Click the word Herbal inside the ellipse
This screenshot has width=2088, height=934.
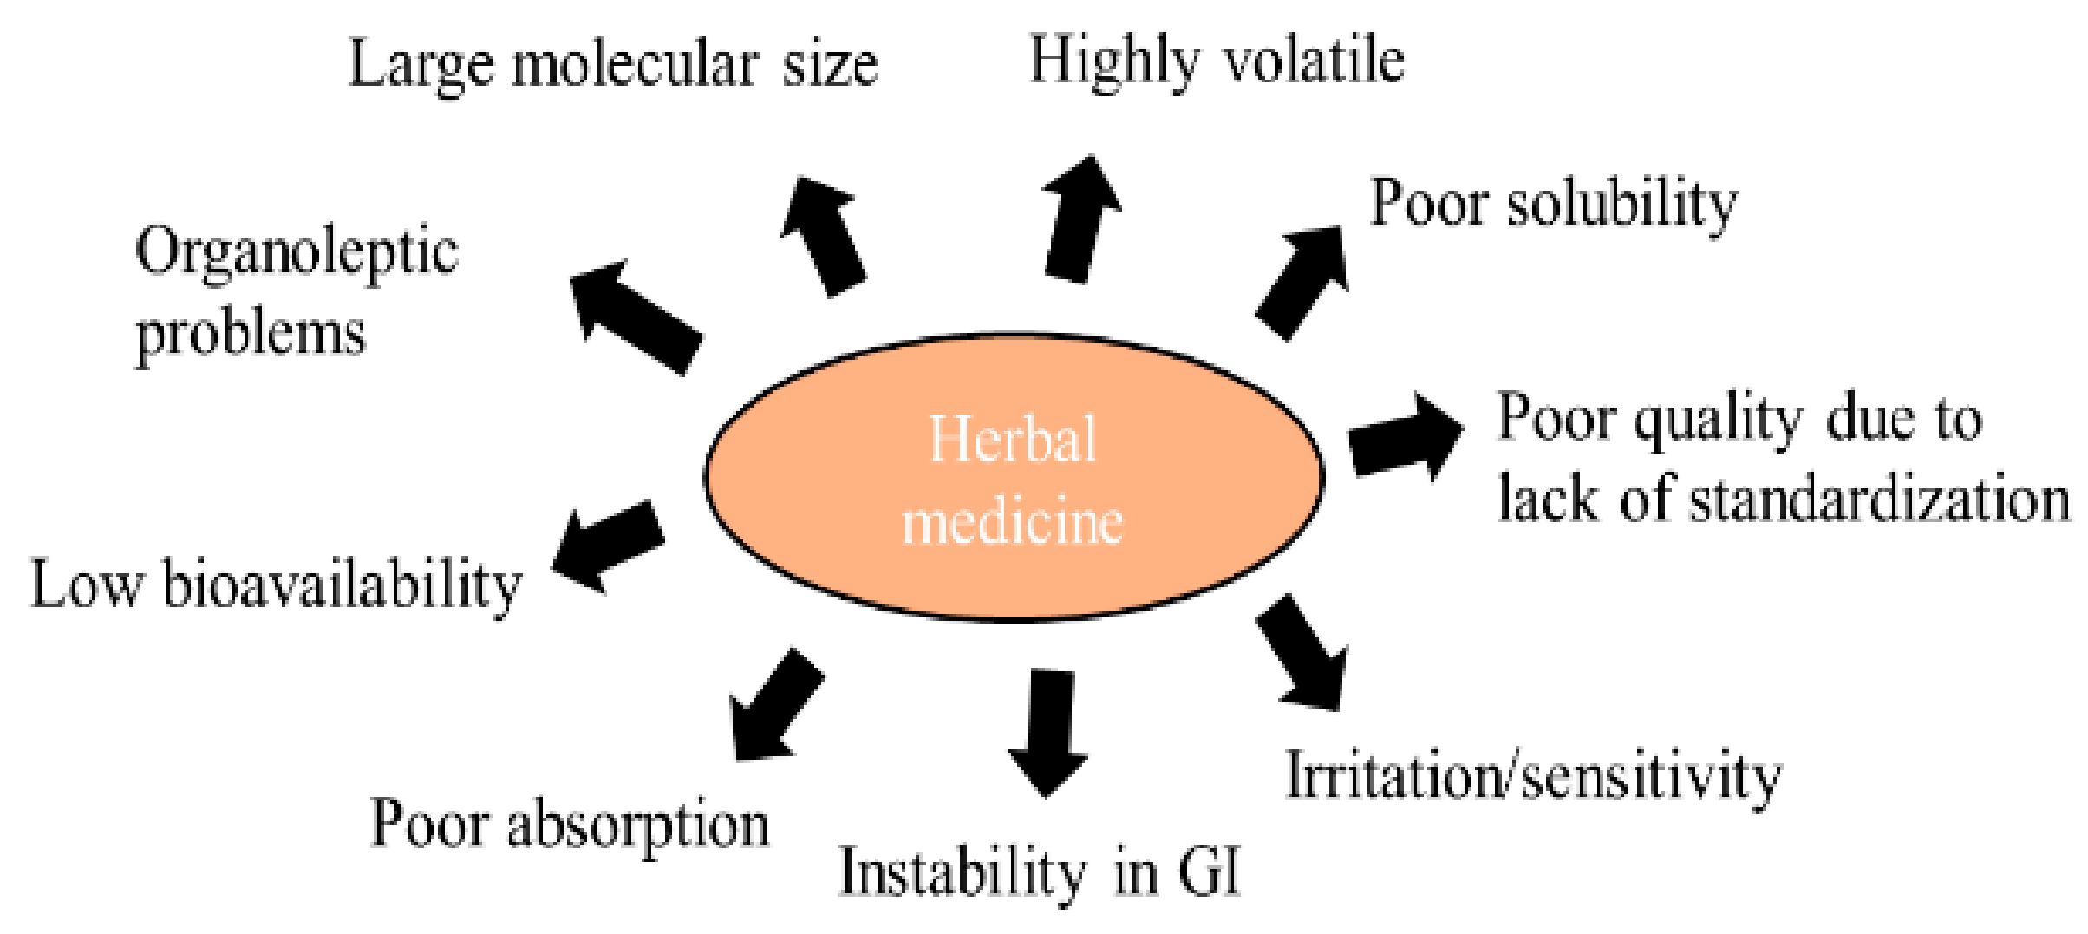[x=1012, y=440]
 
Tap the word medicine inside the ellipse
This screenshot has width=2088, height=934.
[x=1012, y=522]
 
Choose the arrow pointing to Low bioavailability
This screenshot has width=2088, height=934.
[x=608, y=546]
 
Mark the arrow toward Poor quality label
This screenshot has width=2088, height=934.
[x=1405, y=438]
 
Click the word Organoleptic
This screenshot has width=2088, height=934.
[x=297, y=253]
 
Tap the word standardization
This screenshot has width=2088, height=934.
[x=1878, y=501]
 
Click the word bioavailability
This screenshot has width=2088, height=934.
[x=343, y=586]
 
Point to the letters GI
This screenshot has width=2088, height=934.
[x=1209, y=871]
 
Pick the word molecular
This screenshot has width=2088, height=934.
[x=636, y=65]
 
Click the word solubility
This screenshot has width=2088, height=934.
[x=1622, y=205]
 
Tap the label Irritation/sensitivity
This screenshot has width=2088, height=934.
[x=1532, y=777]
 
